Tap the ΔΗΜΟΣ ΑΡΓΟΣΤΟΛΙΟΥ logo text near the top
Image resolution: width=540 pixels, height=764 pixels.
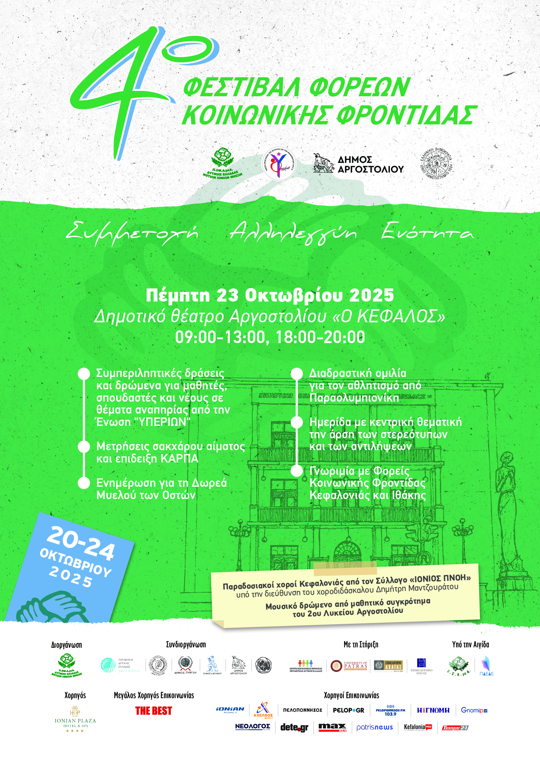pos(370,164)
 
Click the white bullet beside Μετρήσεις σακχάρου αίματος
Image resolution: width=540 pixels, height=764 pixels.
pos(84,447)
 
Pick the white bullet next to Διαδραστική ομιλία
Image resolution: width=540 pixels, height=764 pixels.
pos(297,374)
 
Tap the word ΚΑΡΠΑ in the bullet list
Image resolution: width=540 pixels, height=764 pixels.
pos(179,459)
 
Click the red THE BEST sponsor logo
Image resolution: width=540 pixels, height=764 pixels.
pos(154,711)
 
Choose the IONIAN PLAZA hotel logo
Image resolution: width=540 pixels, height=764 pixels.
pos(75,719)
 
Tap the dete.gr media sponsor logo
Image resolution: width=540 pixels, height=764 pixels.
pos(294,727)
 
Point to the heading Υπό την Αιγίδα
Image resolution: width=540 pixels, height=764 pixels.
pos(470,645)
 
